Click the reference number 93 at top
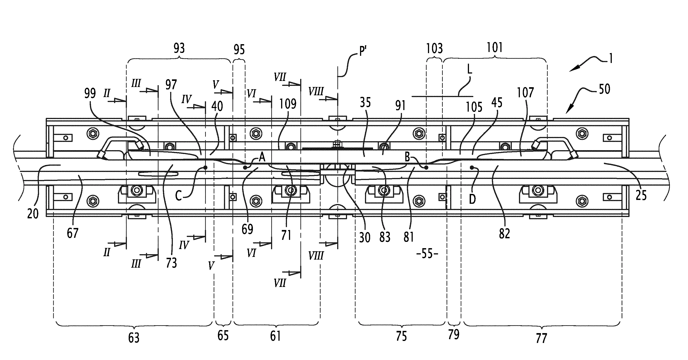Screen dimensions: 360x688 point(179,48)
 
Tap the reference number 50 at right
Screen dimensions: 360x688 point(604,89)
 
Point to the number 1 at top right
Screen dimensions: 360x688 point(610,59)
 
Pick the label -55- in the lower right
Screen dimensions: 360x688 point(427,254)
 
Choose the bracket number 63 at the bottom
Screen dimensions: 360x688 point(134,338)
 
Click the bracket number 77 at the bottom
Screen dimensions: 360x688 point(541,338)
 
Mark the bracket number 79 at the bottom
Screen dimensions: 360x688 point(454,334)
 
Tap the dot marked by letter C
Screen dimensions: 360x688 point(205,168)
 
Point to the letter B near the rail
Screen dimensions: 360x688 point(407,157)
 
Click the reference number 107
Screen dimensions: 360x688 point(525,93)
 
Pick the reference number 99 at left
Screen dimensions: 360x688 point(90,93)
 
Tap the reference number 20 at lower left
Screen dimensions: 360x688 point(33,214)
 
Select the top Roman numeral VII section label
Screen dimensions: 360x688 point(280,78)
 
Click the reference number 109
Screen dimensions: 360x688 point(288,104)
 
